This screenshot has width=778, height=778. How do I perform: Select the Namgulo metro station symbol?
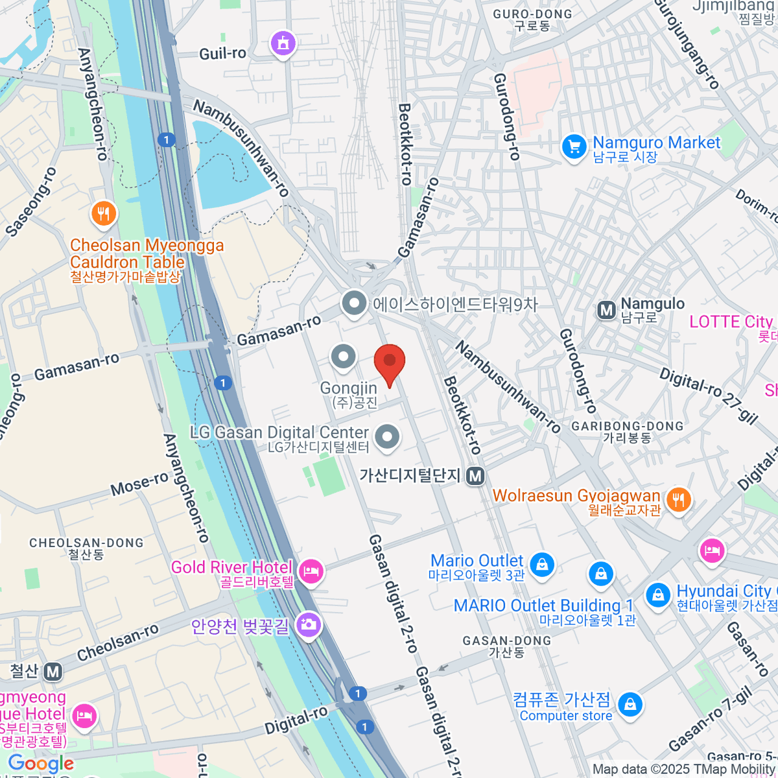(x=606, y=311)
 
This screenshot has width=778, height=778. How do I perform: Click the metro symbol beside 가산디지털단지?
(x=476, y=476)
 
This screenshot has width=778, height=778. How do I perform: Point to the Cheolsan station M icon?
(x=53, y=672)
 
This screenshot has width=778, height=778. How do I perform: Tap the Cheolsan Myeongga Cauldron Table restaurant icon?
(x=103, y=213)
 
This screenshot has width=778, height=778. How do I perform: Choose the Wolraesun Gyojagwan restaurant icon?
(x=678, y=500)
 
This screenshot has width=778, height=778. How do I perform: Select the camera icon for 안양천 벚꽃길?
(x=308, y=625)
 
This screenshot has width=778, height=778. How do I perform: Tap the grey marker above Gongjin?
(x=343, y=357)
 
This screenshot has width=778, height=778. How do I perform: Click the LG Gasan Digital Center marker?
(x=387, y=436)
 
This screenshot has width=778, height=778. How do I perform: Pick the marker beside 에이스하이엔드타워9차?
(x=354, y=303)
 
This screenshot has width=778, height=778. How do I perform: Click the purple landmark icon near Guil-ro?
(x=283, y=44)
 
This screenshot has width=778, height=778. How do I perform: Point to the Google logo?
(x=41, y=764)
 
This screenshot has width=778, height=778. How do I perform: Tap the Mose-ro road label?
(x=139, y=484)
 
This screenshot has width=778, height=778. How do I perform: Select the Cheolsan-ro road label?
(x=117, y=642)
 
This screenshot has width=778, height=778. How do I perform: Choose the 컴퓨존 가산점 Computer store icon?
(x=629, y=705)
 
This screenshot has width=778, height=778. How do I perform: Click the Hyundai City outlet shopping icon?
(x=657, y=595)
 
